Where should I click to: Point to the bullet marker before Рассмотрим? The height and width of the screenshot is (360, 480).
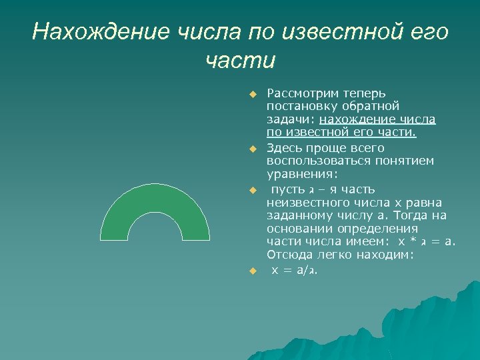click(253, 93)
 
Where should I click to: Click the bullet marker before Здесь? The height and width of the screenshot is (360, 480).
click(253, 148)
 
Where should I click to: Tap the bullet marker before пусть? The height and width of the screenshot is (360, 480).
click(253, 190)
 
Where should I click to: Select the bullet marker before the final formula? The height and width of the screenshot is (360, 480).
click(253, 271)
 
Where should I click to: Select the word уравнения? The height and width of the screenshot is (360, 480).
click(301, 174)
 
